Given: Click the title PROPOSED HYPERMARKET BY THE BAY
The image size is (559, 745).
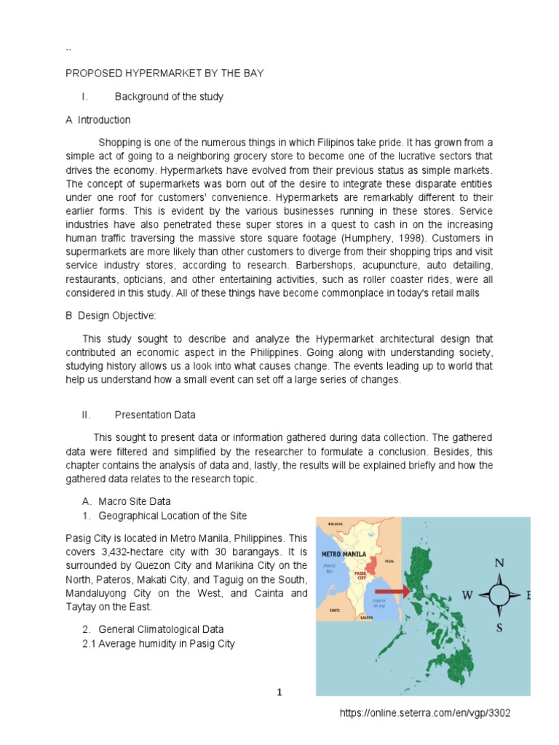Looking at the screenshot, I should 164,73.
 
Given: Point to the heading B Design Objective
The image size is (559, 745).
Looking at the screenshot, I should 111,314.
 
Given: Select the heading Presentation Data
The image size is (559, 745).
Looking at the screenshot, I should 155,415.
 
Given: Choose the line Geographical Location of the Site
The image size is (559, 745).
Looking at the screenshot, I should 173,516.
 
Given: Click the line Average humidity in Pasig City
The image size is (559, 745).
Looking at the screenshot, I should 167,644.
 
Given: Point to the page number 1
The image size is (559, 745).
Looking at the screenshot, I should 279,693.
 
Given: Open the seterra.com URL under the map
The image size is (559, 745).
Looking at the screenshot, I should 426,713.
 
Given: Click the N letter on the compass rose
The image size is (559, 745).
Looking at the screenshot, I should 499,562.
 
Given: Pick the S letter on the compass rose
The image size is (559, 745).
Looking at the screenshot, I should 499,627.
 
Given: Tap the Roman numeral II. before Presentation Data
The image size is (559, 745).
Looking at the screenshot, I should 86,415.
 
